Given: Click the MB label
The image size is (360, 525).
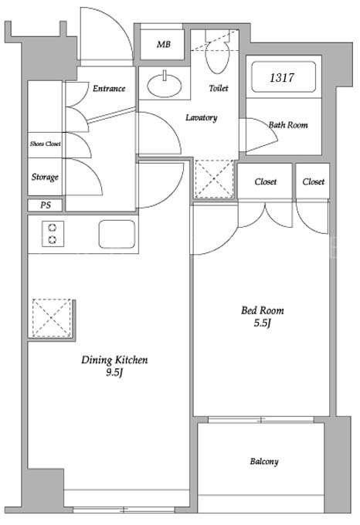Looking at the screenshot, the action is (x=164, y=44).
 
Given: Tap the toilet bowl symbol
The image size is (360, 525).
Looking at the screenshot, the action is (x=217, y=56).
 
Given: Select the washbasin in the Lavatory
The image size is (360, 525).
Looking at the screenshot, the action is (x=165, y=85).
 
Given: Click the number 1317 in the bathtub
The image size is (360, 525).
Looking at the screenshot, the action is (x=282, y=78).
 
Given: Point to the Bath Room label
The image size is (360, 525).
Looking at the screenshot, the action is (x=288, y=125).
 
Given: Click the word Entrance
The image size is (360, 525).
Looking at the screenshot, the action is (x=109, y=88).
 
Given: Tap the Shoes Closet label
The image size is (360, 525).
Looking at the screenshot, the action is (x=46, y=144).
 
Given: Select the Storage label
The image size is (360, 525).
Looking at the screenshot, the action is (x=45, y=177).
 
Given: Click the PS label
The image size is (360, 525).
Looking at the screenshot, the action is (x=46, y=205).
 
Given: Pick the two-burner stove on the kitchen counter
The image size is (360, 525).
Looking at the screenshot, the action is (x=53, y=234).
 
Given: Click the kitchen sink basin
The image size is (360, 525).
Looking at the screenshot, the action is (x=117, y=234).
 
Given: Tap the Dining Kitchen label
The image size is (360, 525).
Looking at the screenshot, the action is (x=114, y=360).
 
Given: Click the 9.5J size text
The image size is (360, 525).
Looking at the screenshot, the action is (x=114, y=372).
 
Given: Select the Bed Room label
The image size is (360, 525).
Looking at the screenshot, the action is (x=263, y=310).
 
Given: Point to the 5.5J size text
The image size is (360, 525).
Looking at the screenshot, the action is (x=262, y=323).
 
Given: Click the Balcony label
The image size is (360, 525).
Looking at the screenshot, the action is (x=264, y=462).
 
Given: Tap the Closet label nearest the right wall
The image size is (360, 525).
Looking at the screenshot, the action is (x=314, y=181).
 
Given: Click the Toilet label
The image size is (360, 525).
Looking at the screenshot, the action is (x=219, y=88).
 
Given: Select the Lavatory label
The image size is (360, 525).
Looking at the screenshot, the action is (x=202, y=117).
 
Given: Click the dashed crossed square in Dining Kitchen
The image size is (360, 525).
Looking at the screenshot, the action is (x=52, y=317).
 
